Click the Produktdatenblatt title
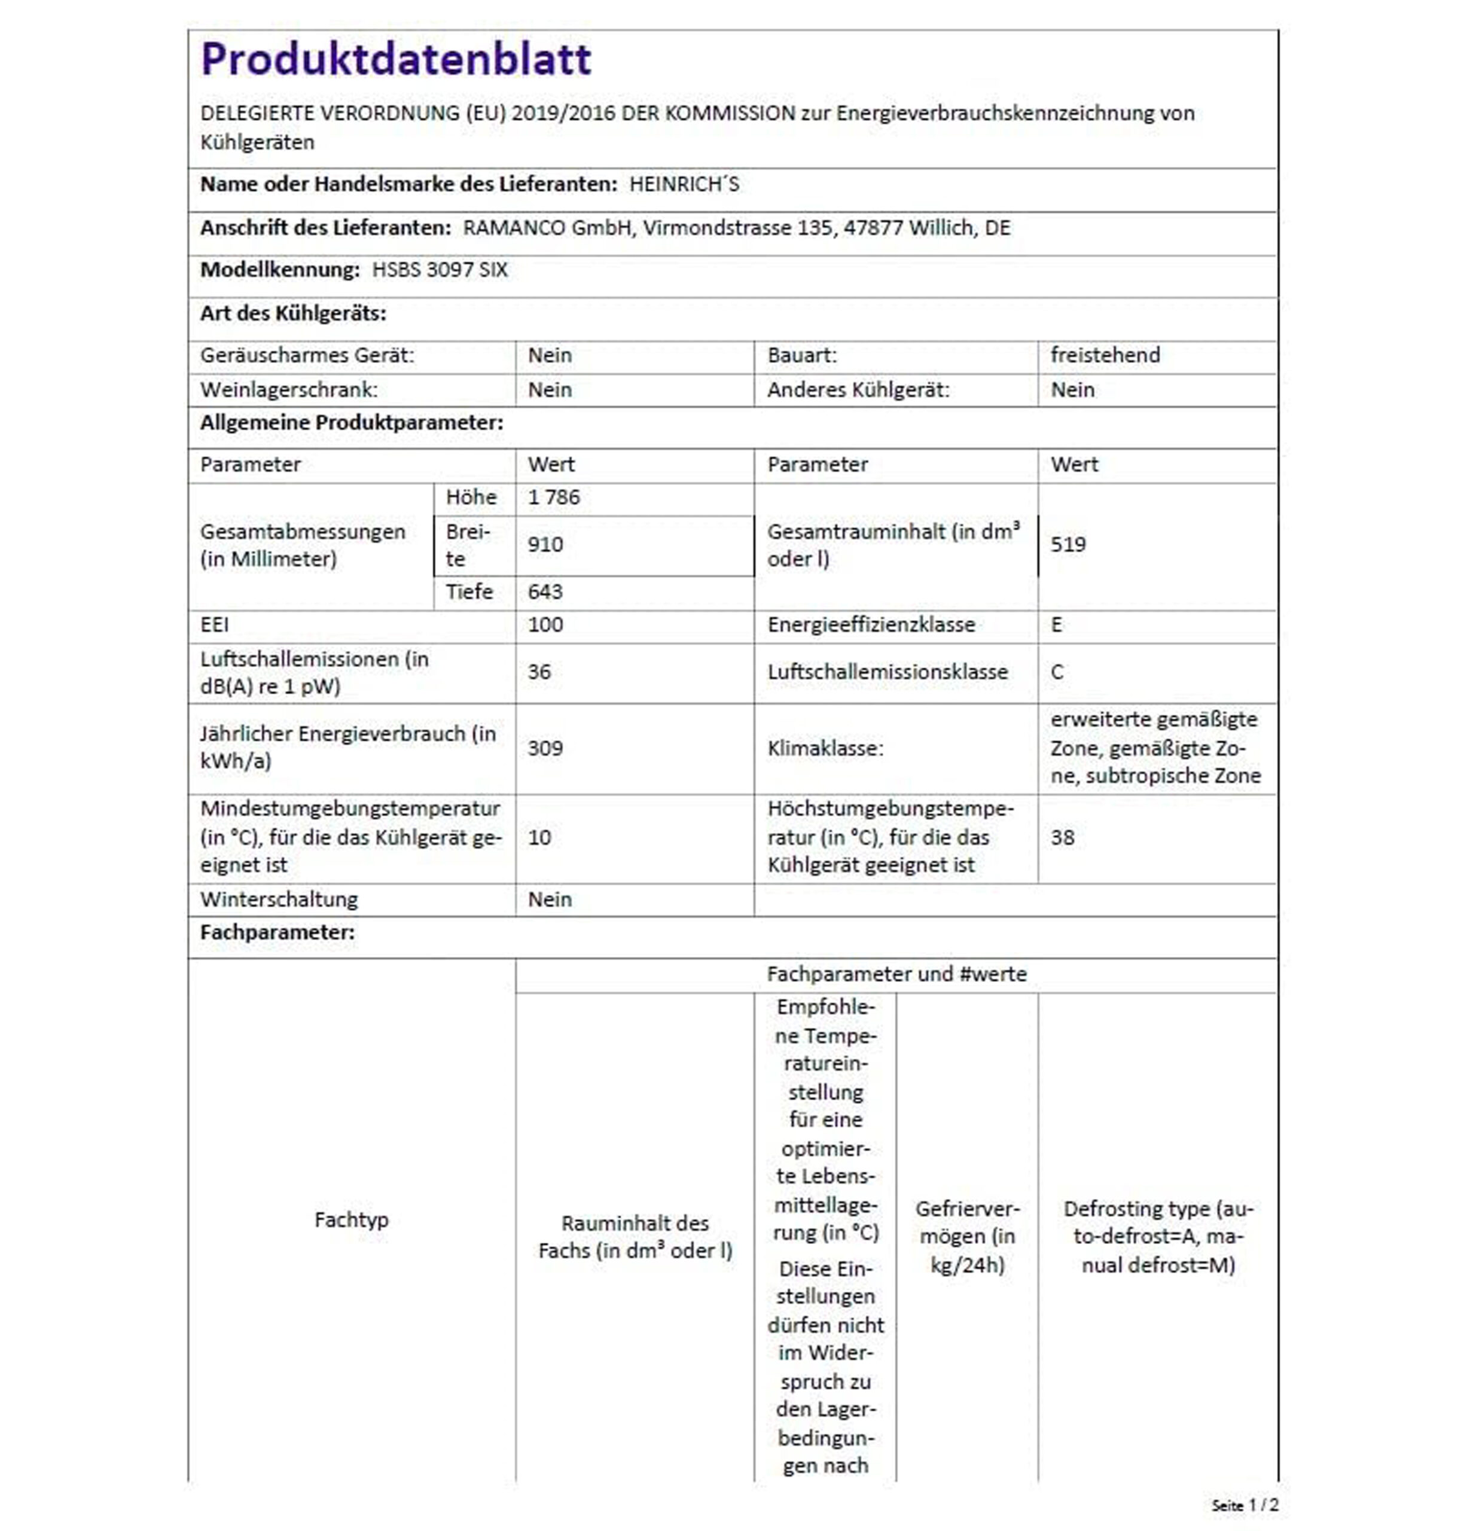tap(396, 59)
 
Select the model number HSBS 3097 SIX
tap(440, 270)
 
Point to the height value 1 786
tap(554, 498)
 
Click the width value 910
tap(545, 544)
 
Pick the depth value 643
tap(545, 592)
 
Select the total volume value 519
tap(1068, 544)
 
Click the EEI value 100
tap(545, 625)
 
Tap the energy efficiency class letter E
tap(1057, 625)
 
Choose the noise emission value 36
tap(539, 672)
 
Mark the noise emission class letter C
tap(1057, 672)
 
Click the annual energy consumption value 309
tap(545, 748)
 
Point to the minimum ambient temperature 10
tap(539, 837)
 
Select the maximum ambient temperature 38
tap(1062, 837)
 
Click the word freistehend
tap(1105, 355)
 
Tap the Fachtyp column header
tap(352, 1220)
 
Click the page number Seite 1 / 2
tap(1245, 1505)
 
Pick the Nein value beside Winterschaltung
tap(550, 900)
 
